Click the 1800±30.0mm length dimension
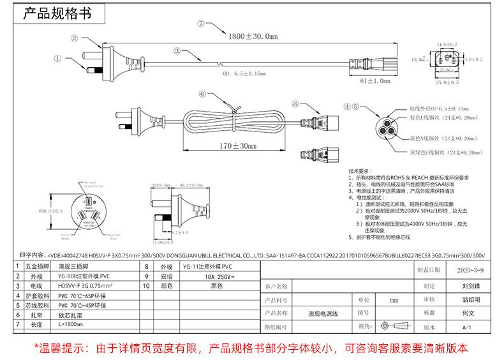click(254, 37)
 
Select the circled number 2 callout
click(74, 38)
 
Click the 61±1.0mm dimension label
click(375, 81)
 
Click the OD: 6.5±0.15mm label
click(244, 73)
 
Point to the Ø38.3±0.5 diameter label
click(50, 210)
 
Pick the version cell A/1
click(466, 327)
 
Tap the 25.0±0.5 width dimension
click(447, 83)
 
